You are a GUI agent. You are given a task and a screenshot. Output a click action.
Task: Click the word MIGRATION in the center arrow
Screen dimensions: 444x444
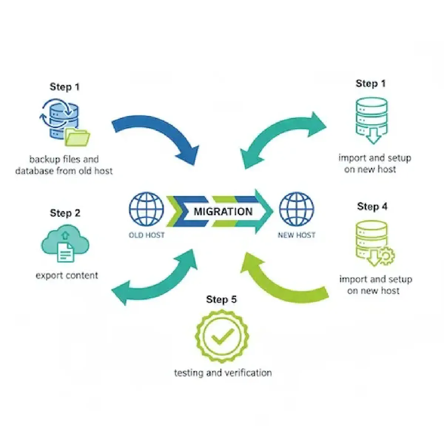tap(223, 212)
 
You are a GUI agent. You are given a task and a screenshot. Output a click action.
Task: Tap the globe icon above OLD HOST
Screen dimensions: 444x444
tap(147, 209)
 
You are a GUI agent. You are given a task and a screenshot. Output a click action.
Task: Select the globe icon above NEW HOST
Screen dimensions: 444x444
tap(296, 209)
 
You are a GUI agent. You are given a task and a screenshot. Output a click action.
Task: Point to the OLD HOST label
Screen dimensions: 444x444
tap(147, 235)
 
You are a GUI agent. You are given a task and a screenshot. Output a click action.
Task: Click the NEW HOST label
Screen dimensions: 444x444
tap(296, 235)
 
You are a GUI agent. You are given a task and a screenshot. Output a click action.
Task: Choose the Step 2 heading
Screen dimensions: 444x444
tap(65, 213)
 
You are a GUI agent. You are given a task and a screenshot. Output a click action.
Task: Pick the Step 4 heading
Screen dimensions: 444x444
tap(372, 206)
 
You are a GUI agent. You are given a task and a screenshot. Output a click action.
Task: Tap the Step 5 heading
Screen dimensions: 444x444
tap(221, 299)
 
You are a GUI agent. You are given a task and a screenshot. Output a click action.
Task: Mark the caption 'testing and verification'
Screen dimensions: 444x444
tap(223, 373)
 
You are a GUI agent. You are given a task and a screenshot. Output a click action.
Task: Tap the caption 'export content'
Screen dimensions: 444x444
tap(67, 276)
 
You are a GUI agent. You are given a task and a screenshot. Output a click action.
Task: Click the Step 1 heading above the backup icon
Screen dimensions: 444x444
tap(65, 87)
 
